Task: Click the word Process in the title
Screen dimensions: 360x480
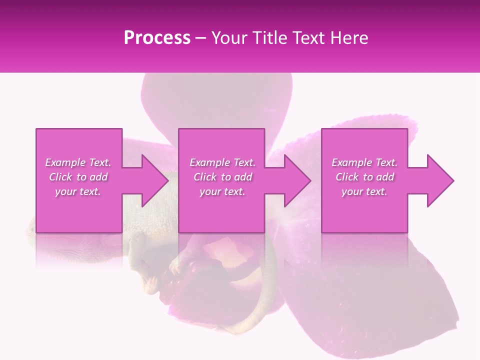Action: pos(157,38)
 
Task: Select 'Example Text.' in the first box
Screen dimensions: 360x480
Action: pos(78,162)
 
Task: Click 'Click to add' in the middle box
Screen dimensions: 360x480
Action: pos(222,177)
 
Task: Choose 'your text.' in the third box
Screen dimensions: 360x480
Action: pos(364,191)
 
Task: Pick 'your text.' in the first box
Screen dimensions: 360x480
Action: pos(78,191)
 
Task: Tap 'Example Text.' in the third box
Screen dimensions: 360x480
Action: pos(364,162)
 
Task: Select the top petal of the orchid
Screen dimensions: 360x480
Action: pos(215,100)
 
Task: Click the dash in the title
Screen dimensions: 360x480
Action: pos(200,38)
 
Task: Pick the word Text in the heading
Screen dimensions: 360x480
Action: pos(306,38)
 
